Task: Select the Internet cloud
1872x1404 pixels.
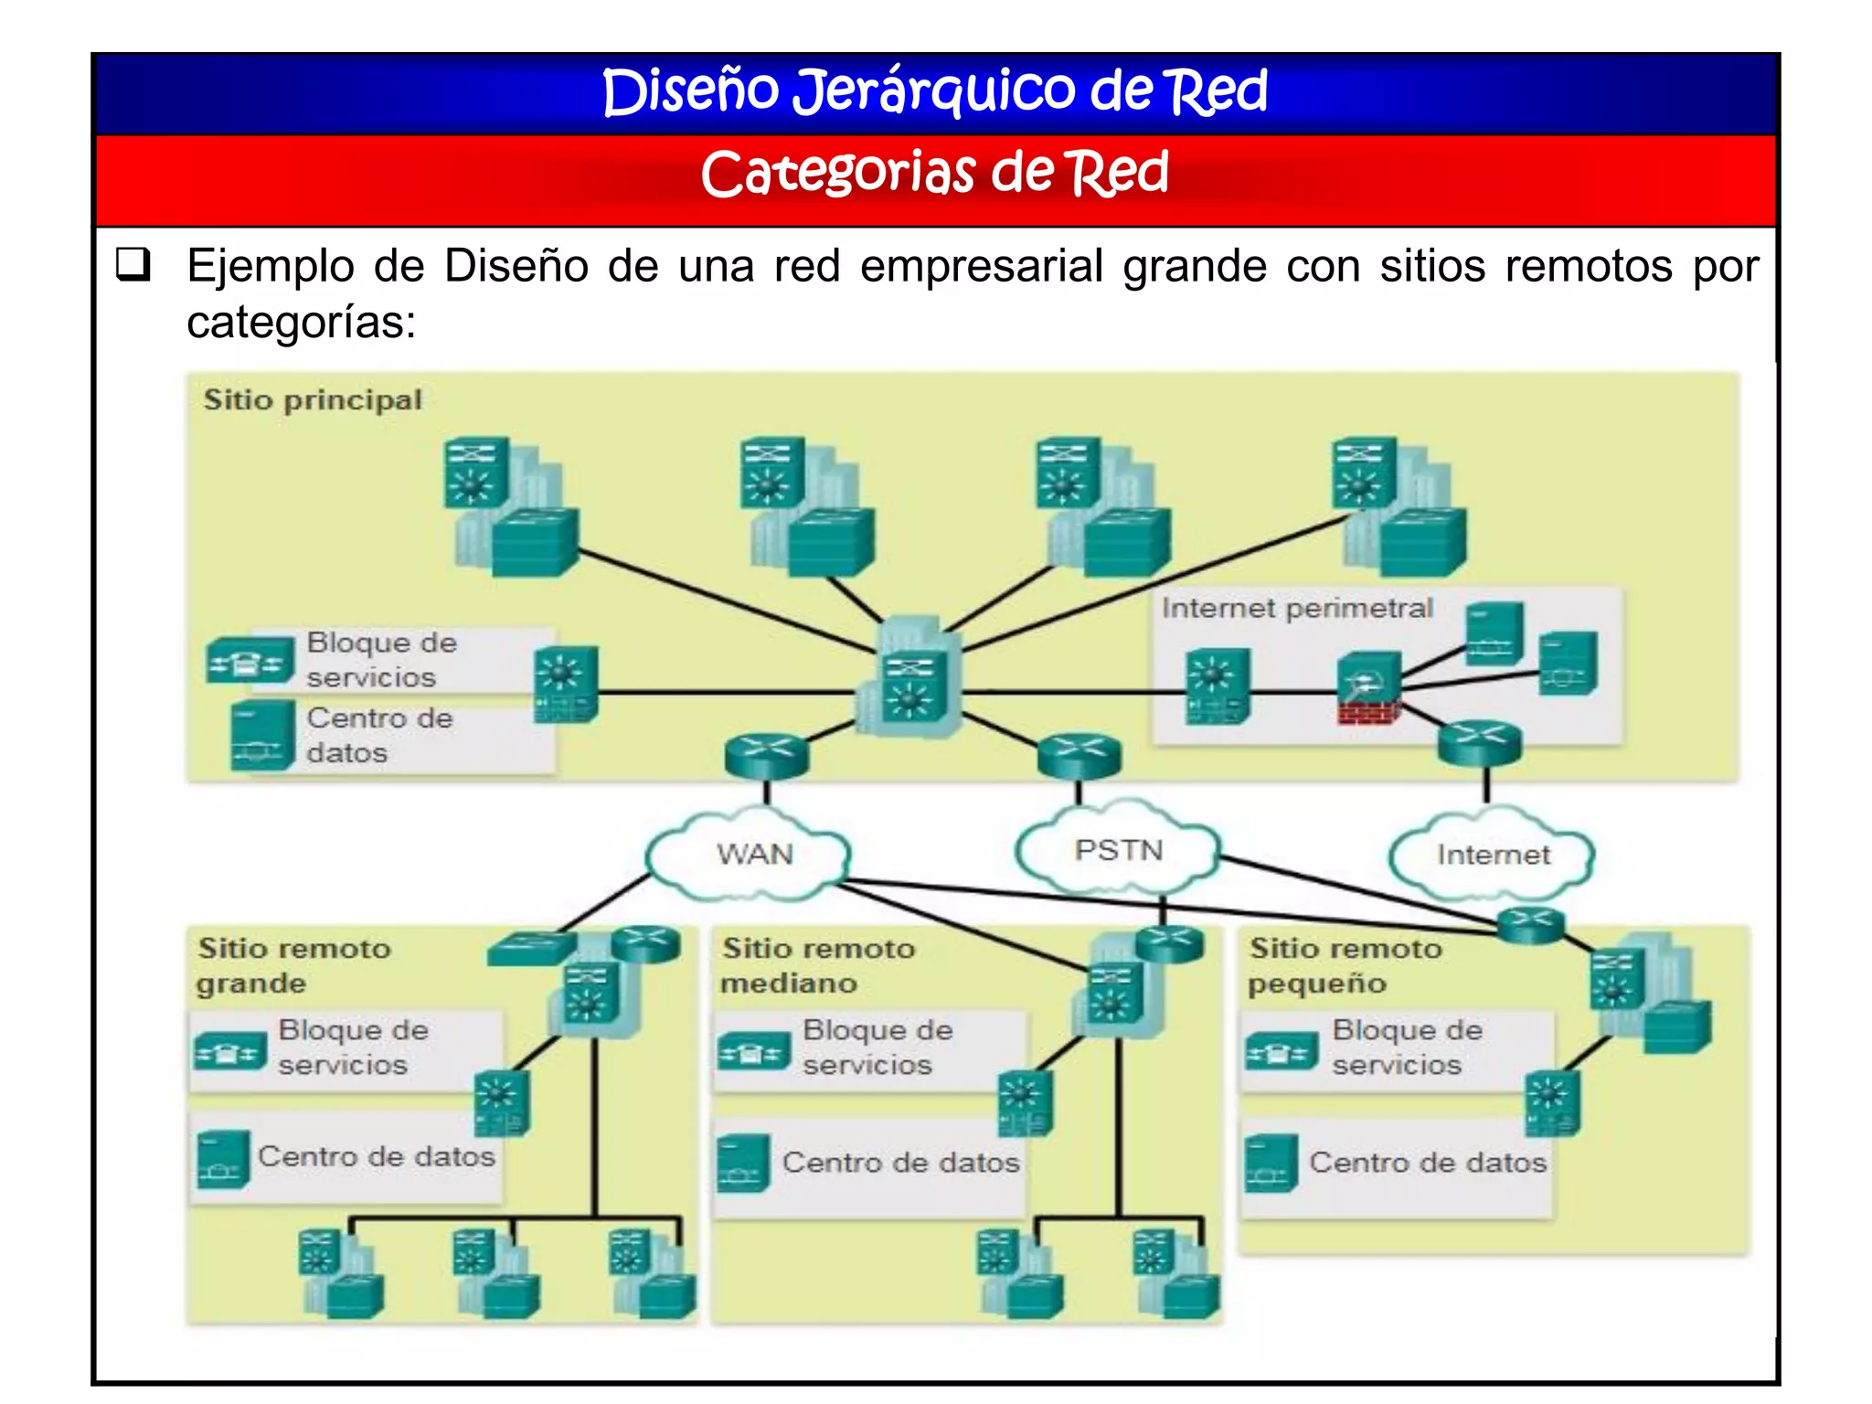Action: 1493,855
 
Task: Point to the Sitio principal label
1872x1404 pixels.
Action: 313,400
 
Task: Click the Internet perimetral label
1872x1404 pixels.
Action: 1296,608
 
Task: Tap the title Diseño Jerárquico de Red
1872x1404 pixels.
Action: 934,91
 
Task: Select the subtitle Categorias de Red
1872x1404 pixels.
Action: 934,174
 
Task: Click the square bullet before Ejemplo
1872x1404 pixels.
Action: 133,265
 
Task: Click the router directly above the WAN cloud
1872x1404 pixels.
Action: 766,755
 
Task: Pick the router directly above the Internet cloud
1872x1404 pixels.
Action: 1479,742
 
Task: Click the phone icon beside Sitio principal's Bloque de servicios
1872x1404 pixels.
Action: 250,660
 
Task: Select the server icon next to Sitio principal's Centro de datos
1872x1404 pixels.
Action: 262,736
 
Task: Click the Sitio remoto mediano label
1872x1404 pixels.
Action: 817,965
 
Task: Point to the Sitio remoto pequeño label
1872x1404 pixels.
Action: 1345,965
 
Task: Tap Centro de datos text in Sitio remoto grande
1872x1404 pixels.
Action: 377,1156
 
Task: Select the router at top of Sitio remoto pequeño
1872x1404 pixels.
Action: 1531,925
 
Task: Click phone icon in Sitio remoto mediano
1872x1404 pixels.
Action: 753,1051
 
